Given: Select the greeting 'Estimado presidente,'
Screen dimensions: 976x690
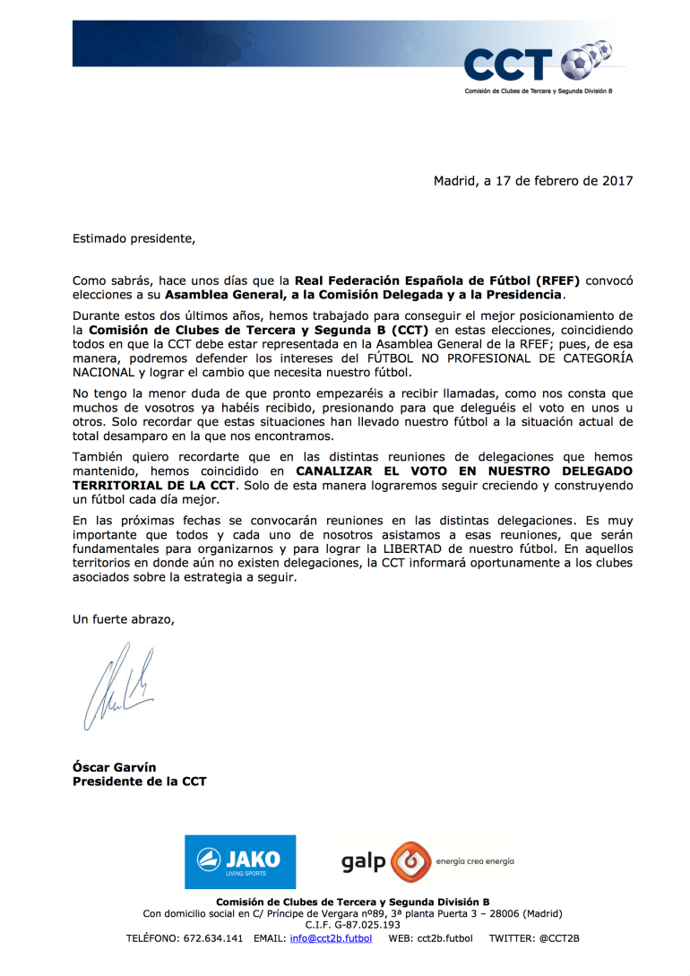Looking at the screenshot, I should (134, 238).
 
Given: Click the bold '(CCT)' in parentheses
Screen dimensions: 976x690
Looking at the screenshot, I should (404, 330).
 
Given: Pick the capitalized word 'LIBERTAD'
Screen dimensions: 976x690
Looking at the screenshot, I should (403, 549).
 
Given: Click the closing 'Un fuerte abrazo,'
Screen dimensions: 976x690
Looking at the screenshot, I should (124, 619).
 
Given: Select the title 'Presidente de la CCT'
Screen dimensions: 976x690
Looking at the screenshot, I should (139, 782).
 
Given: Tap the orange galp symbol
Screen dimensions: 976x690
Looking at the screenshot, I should (410, 862).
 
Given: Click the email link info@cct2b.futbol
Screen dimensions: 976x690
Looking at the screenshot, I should (331, 938).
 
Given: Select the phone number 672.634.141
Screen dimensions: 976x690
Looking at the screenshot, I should (212, 938).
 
